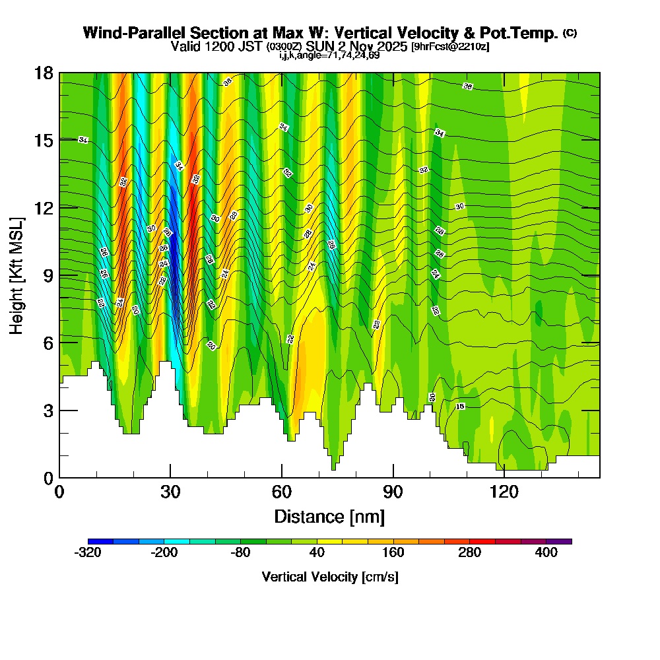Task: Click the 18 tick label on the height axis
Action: pyautogui.click(x=44, y=73)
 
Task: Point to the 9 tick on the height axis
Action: pyautogui.click(x=60, y=275)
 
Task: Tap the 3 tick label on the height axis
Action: pyautogui.click(x=48, y=410)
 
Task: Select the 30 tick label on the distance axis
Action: pyautogui.click(x=170, y=492)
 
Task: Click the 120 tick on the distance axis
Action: pyautogui.click(x=504, y=477)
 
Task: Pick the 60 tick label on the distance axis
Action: pyautogui.click(x=282, y=492)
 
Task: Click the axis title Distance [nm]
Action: pyautogui.click(x=329, y=515)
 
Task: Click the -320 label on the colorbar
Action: pyautogui.click(x=88, y=553)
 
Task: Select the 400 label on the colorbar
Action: pyautogui.click(x=546, y=553)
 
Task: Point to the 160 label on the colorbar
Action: pyautogui.click(x=393, y=553)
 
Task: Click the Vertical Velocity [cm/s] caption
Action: pyautogui.click(x=329, y=577)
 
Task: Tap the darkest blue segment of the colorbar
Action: pyautogui.click(x=100, y=541)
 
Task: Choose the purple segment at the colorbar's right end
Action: pyautogui.click(x=559, y=541)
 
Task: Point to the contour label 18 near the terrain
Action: pyautogui.click(x=461, y=407)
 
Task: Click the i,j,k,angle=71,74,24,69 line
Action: pyautogui.click(x=329, y=55)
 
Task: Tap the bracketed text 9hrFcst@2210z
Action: pyautogui.click(x=450, y=47)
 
